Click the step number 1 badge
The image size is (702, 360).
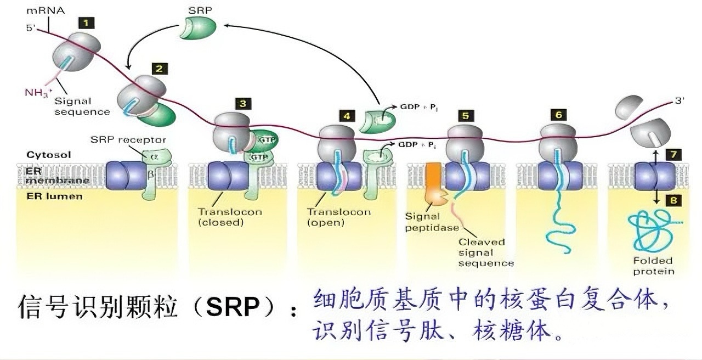coord(87,23)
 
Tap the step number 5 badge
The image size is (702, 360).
coord(466,116)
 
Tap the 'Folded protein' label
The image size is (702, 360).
coord(653,266)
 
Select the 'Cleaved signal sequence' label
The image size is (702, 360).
coord(486,252)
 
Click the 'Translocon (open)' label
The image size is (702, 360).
coord(338,217)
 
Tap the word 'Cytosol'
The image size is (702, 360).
coord(48,155)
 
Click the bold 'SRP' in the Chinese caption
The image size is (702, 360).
coord(233,307)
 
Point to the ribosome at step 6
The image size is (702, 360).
coord(558,142)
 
